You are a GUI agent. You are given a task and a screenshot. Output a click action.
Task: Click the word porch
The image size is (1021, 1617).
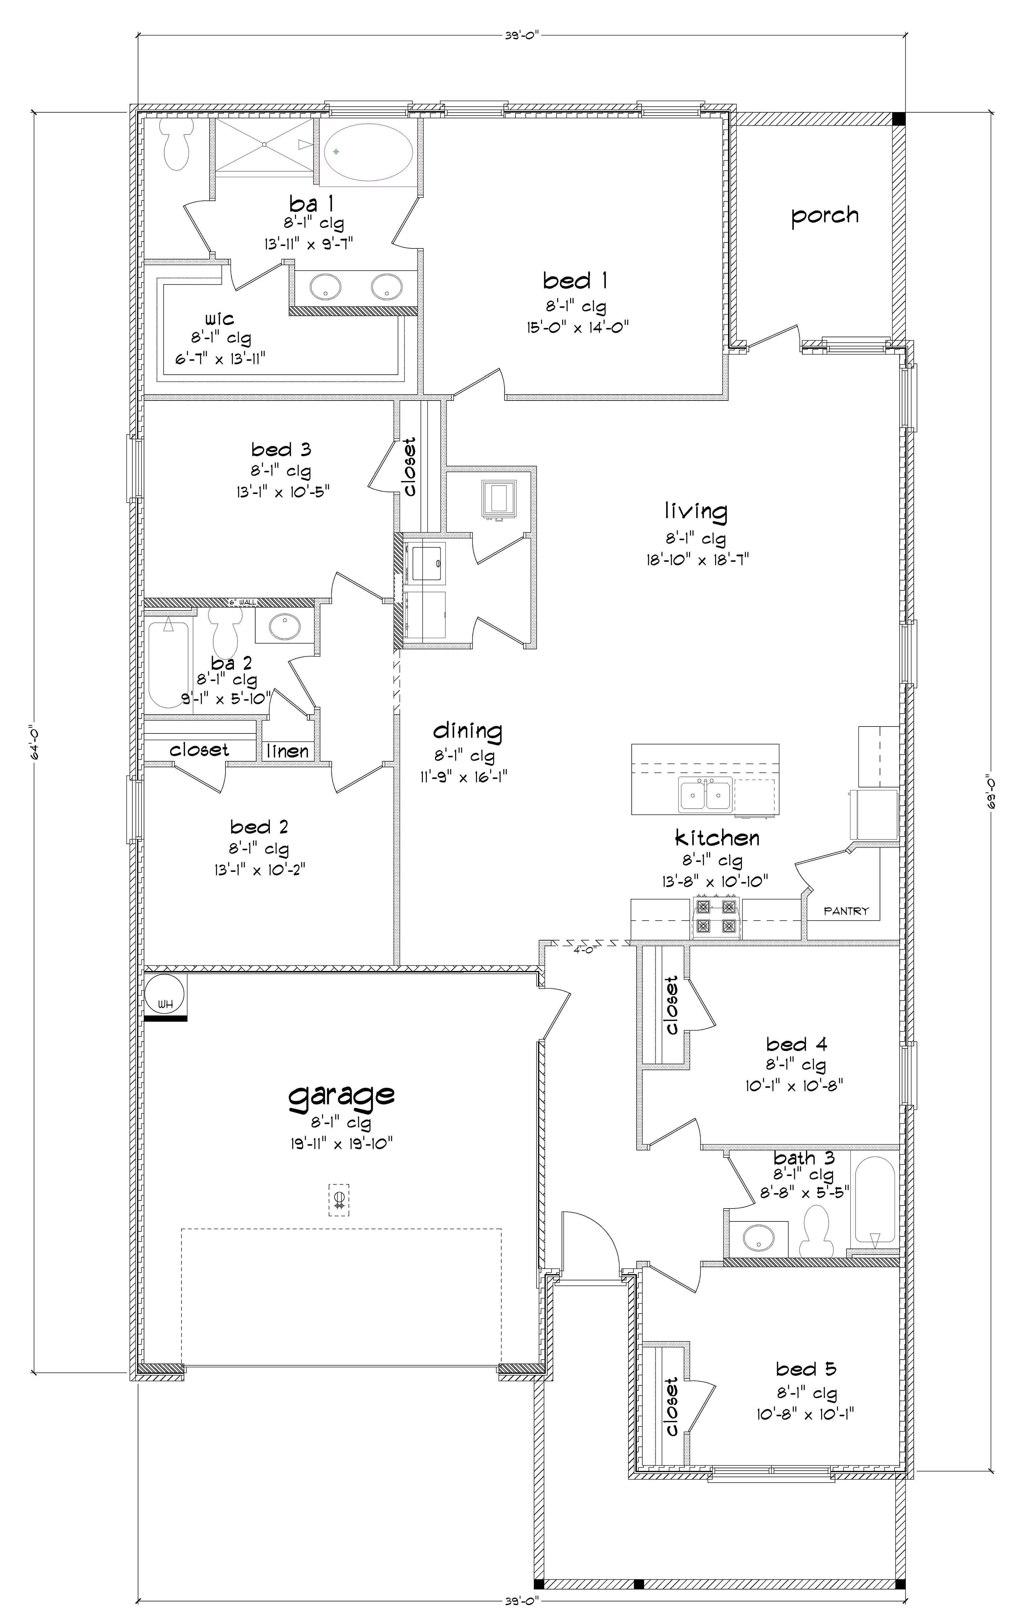pyautogui.click(x=824, y=216)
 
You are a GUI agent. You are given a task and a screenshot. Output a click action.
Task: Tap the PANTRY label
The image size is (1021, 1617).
pyautogui.click(x=846, y=911)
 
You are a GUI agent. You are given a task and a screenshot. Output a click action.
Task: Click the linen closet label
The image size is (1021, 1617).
pyautogui.click(x=288, y=751)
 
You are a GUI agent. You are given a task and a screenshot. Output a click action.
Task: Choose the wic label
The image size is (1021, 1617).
pyautogui.click(x=219, y=318)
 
